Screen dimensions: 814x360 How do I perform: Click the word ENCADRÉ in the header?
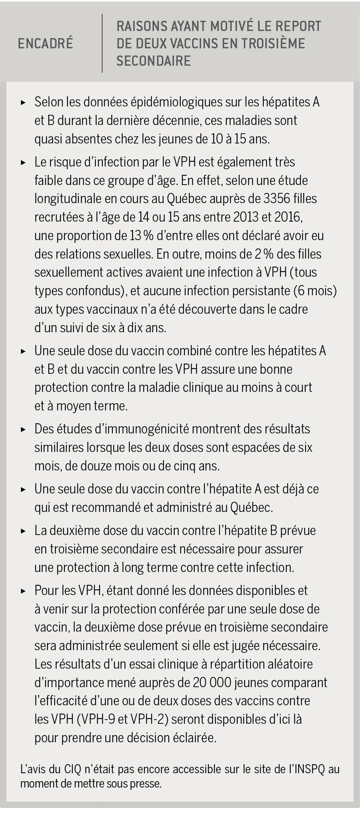(x=45, y=44)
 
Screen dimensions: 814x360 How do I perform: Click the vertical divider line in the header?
(x=102, y=43)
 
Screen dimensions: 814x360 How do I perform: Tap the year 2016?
(x=287, y=217)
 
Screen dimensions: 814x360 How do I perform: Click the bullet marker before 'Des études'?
(x=23, y=429)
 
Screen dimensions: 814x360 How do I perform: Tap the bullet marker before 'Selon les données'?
(x=23, y=102)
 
